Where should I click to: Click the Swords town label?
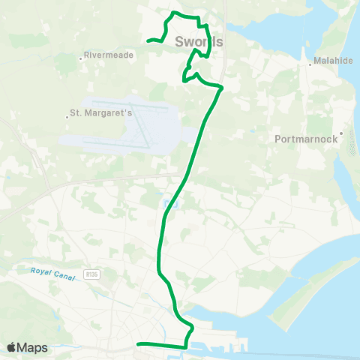pos(199,42)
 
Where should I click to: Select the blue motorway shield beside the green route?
pos(170,202)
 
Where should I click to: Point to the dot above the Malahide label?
pos(310,65)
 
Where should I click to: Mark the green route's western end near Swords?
pos(148,40)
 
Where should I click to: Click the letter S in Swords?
pos(180,42)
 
